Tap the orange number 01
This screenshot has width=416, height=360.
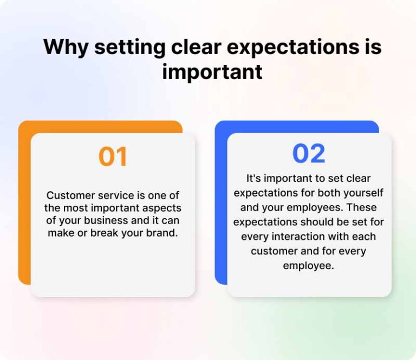pyautogui.click(x=113, y=156)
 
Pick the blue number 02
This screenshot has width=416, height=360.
pyautogui.click(x=309, y=154)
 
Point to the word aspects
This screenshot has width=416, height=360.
pyautogui.click(x=161, y=208)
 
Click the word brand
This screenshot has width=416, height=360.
pyautogui.click(x=163, y=233)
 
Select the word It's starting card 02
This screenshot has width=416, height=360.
pyautogui.click(x=255, y=178)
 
